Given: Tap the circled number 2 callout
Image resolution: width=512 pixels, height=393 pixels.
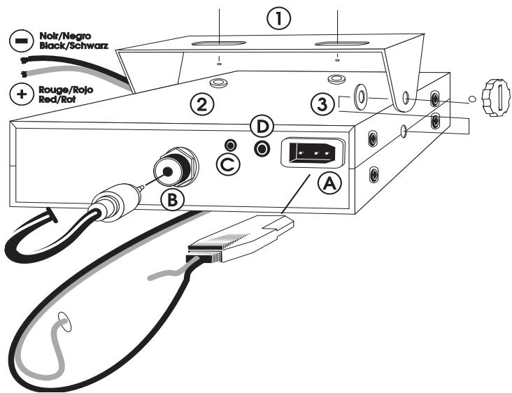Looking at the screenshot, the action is pyautogui.click(x=202, y=105).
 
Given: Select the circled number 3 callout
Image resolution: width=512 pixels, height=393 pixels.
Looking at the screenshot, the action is pyautogui.click(x=323, y=105).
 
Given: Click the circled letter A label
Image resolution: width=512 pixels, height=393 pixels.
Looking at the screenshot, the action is pyautogui.click(x=329, y=183).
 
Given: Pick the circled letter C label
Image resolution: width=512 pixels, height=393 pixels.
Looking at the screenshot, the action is pyautogui.click(x=228, y=164).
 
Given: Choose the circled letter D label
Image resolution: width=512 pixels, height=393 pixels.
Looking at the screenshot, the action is pyautogui.click(x=262, y=127).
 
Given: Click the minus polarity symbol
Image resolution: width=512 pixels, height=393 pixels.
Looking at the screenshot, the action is pyautogui.click(x=22, y=41).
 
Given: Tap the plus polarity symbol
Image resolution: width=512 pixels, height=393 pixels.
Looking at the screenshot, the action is pyautogui.click(x=22, y=94).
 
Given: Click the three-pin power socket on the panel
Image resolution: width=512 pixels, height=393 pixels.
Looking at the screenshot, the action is pyautogui.click(x=313, y=152).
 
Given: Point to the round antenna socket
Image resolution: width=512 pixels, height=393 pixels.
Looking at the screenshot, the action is pyautogui.click(x=176, y=167).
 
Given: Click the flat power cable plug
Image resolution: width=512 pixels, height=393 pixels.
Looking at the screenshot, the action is pyautogui.click(x=240, y=238).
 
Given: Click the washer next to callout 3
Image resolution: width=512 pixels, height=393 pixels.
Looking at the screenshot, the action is pyautogui.click(x=360, y=97).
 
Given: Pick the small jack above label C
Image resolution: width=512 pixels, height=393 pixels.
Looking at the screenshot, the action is pyautogui.click(x=231, y=145).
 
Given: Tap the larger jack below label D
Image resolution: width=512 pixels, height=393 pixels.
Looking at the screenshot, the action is pyautogui.click(x=262, y=149).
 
